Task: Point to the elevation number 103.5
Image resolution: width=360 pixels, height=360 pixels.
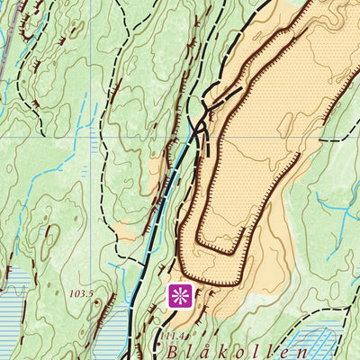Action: pyautogui.click(x=82, y=293)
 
